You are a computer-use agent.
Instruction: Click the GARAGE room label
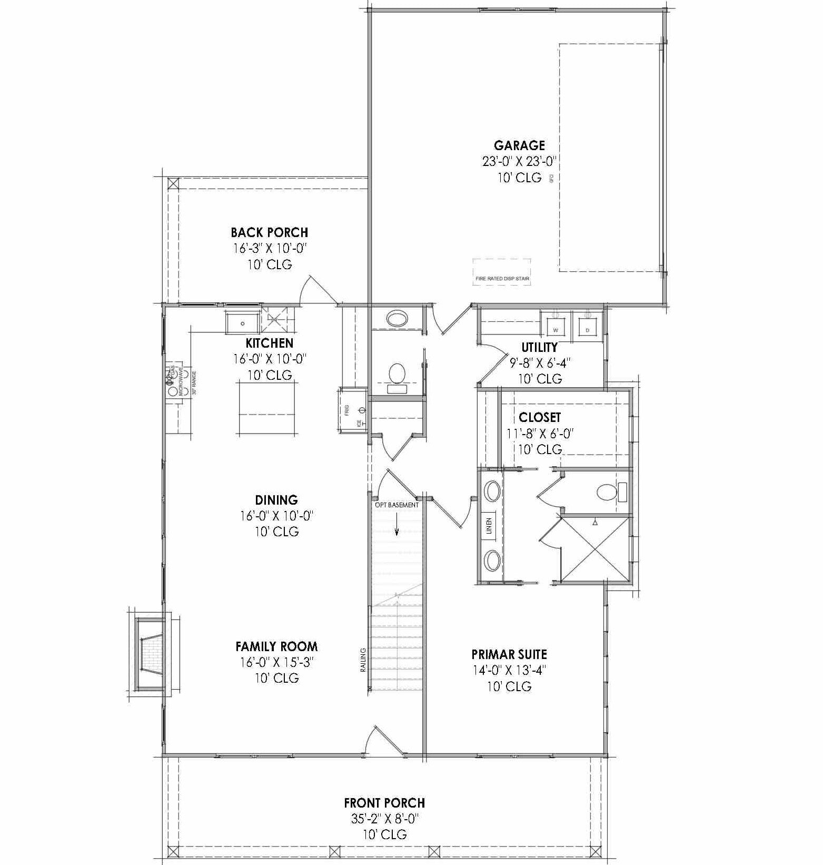coord(519,145)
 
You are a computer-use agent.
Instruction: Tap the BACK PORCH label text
coord(270,232)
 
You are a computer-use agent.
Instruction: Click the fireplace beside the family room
coord(150,653)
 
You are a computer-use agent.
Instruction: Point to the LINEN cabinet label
coord(488,525)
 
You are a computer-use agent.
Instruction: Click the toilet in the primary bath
coord(607,493)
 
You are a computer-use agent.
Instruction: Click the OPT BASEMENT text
coord(396,505)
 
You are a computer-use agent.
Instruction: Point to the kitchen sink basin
coord(243,323)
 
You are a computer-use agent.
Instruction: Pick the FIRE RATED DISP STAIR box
coord(501,272)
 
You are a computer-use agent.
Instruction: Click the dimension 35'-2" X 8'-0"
coord(384,819)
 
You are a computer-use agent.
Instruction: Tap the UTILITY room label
coord(539,347)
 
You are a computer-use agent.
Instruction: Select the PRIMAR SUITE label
coord(509,654)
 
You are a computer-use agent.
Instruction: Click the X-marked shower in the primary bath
coord(595,549)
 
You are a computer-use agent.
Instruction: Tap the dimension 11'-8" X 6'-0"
coord(539,434)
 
